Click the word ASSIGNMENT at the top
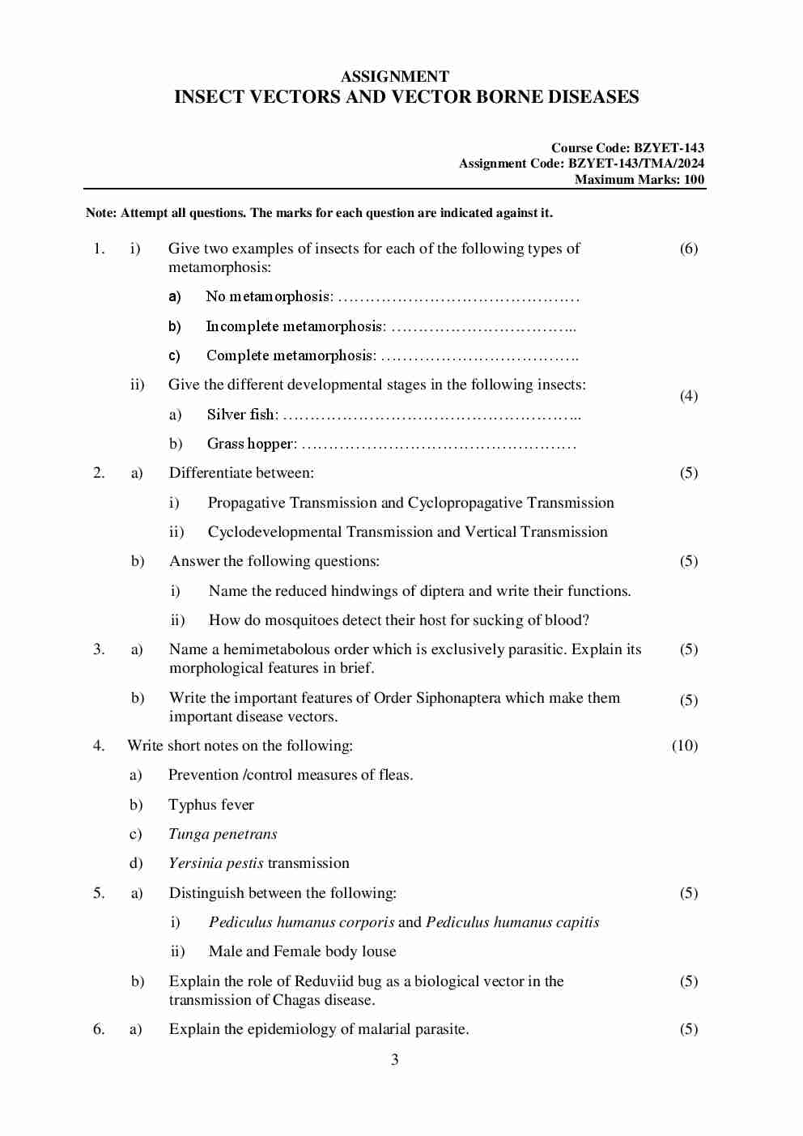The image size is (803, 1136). (394, 77)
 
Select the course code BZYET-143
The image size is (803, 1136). (669, 148)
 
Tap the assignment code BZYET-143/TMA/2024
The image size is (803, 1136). (635, 164)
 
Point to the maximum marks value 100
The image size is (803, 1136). (694, 180)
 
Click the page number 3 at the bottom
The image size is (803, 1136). (394, 1060)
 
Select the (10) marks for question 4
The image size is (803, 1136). (684, 746)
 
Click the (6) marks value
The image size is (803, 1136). (688, 249)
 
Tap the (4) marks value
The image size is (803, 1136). (688, 396)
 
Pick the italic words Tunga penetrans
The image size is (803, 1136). (223, 834)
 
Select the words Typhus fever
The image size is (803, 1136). (210, 805)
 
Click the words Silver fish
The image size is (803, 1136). (241, 415)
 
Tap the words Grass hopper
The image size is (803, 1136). (250, 444)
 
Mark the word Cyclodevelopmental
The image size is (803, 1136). (274, 532)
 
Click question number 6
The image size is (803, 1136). (99, 1029)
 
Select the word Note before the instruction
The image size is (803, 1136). (100, 213)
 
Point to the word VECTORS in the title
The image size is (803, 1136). (295, 97)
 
